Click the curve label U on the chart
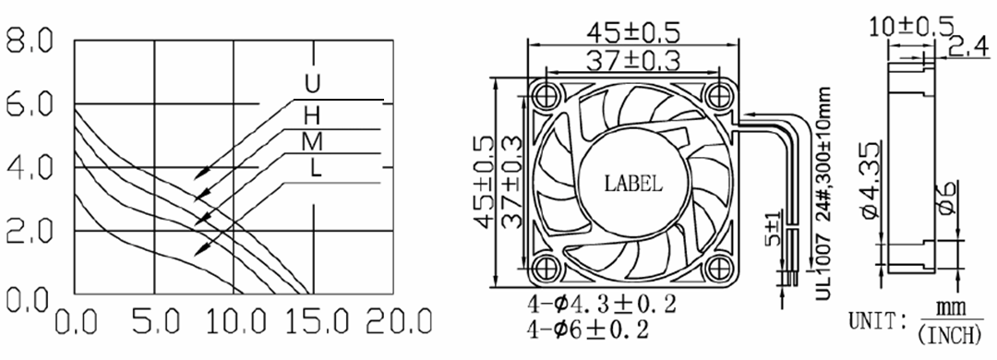click(313, 84)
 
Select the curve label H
click(312, 115)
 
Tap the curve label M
click(312, 142)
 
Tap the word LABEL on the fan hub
click(632, 185)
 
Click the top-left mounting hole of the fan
click(545, 95)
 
